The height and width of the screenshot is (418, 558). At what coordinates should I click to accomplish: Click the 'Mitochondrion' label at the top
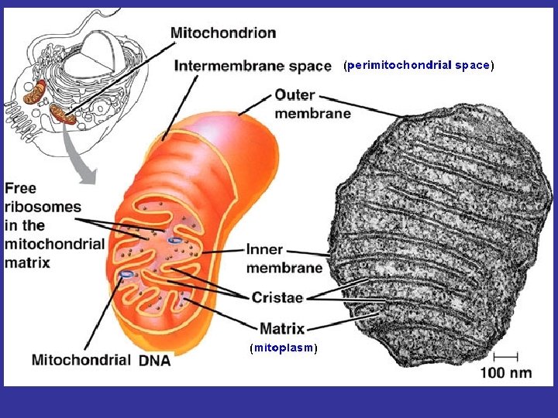[x=223, y=33]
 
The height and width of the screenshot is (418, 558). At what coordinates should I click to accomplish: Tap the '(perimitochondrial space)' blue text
[x=418, y=66]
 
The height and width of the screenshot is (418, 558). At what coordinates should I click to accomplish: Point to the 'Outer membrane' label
[x=312, y=104]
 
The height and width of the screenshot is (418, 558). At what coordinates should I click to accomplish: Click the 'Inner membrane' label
[x=284, y=259]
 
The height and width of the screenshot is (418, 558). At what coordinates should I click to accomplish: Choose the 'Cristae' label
[x=277, y=296]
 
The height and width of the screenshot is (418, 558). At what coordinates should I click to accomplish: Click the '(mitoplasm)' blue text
[x=284, y=348]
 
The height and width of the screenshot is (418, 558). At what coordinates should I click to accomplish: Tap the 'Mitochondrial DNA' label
[x=101, y=360]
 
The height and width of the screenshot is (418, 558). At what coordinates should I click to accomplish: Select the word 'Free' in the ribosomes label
[x=21, y=188]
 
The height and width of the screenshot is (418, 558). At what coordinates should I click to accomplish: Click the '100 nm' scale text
[x=505, y=372]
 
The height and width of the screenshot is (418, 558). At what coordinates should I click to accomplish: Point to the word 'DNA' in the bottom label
[x=154, y=360]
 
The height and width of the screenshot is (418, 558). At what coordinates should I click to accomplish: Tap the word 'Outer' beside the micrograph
[x=294, y=95]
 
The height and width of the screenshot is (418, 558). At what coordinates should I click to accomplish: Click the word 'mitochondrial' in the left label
[x=54, y=244]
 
